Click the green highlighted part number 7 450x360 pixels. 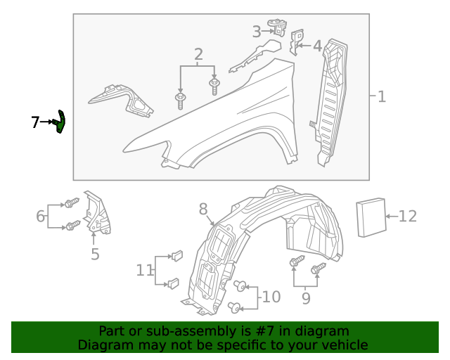pos(61,122)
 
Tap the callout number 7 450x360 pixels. pos(36,122)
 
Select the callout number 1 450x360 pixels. pos(381,96)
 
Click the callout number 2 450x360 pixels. pos(198,54)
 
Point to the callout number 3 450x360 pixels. pos(257,31)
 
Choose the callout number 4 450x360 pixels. pos(317,46)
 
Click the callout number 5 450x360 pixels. pos(95,254)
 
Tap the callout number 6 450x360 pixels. pos(41,216)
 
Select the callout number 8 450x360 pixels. pos(203,209)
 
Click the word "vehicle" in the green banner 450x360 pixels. pos(344,345)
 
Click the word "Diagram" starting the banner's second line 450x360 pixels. pos(102,345)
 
